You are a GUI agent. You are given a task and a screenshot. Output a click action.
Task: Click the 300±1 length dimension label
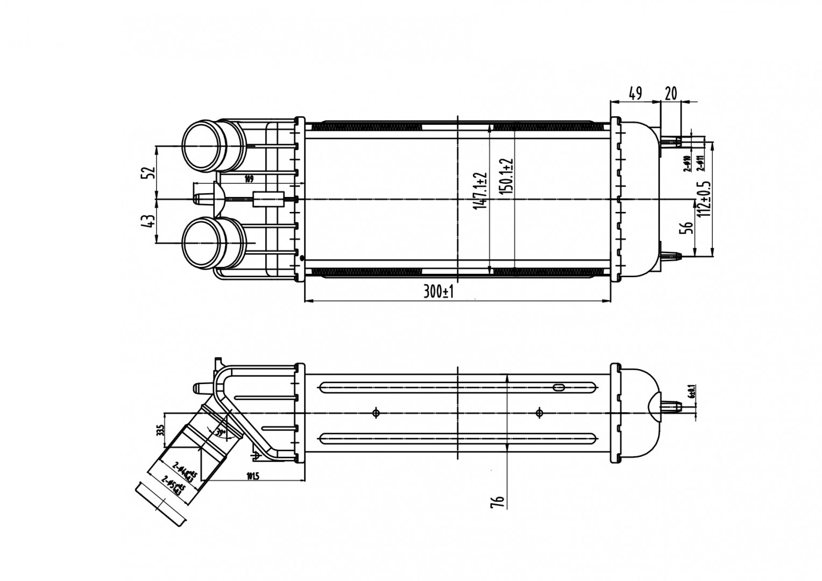[x=439, y=293]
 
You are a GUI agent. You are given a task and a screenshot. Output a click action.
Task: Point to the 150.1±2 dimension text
[x=507, y=178]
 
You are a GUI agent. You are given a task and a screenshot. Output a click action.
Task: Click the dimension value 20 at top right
[x=670, y=94]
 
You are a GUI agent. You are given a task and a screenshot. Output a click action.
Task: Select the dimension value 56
[x=686, y=229]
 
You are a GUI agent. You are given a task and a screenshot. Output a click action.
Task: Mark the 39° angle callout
[x=219, y=432]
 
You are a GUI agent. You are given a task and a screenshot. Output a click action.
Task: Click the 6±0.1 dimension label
[x=692, y=391]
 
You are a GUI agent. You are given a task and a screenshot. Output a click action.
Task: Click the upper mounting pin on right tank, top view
[x=671, y=141]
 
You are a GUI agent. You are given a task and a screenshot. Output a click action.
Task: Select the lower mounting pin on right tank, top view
[x=671, y=256]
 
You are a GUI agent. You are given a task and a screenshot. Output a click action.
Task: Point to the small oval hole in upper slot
[x=558, y=387]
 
